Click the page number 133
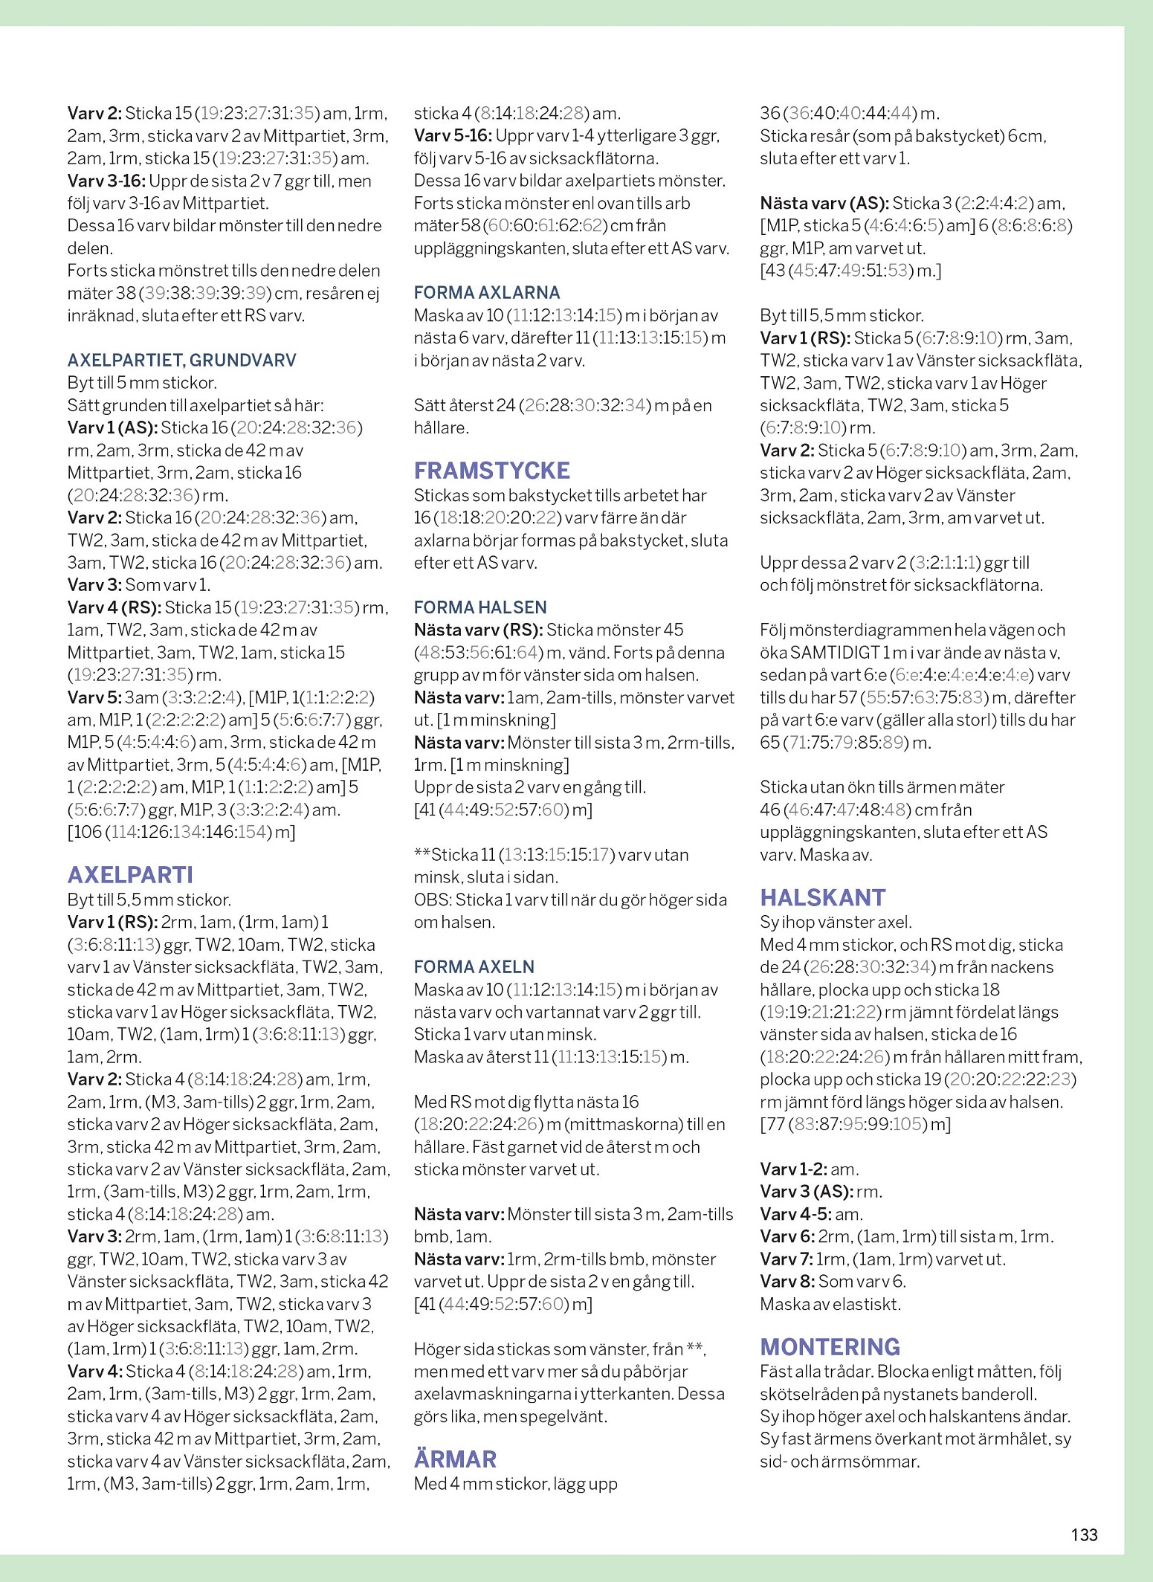(1084, 1534)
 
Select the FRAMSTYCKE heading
(491, 471)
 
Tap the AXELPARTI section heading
(130, 875)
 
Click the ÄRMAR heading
(455, 1459)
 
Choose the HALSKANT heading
(822, 897)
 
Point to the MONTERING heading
(830, 1346)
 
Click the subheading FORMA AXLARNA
(487, 293)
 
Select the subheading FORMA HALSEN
(480, 607)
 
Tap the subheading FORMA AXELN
(474, 966)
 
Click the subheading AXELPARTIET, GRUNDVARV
(181, 361)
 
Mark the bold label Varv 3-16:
(106, 181)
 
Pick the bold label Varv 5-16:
(453, 136)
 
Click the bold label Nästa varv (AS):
(824, 203)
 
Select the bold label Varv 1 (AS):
(112, 427)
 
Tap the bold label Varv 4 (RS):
(114, 607)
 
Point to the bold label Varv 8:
(787, 1281)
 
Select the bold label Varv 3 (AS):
(806, 1191)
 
